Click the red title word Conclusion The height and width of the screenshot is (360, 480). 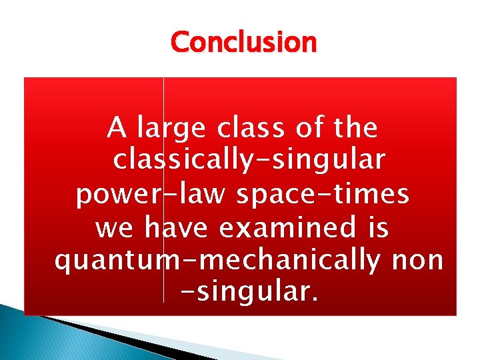click(x=243, y=43)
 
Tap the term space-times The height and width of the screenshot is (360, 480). click(x=323, y=194)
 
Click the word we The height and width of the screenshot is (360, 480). click(x=114, y=229)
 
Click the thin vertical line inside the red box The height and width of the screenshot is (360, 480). click(x=163, y=200)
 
